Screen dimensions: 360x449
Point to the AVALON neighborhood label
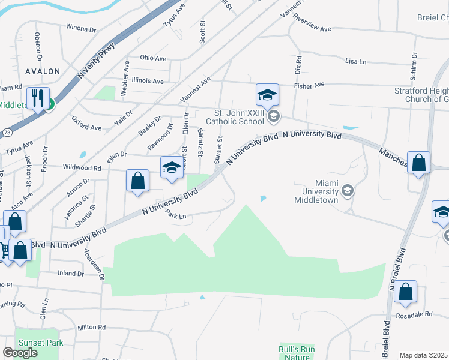(43, 71)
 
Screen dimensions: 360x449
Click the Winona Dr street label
(80, 28)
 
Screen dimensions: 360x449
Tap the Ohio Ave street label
(153, 58)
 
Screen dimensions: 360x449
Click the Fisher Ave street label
(309, 85)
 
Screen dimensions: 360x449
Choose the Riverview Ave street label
(312, 28)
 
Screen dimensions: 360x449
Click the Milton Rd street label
(91, 328)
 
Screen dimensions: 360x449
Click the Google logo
(20, 353)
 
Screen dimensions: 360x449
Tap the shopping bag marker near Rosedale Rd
(406, 292)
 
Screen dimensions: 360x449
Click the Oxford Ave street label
(86, 127)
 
